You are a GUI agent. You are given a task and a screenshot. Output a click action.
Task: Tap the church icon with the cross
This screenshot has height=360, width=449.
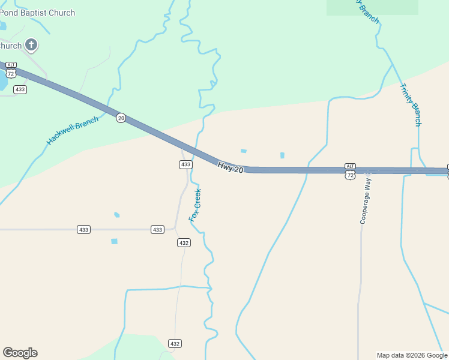point(31,45)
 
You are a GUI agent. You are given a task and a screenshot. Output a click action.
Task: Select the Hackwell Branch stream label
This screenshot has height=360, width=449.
point(73,130)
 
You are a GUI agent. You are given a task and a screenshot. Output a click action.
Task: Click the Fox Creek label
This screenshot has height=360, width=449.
point(195,205)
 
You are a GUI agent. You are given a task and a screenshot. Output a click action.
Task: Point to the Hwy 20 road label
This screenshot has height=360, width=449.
point(231,167)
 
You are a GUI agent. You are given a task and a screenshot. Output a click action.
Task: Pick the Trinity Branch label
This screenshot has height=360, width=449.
point(411,104)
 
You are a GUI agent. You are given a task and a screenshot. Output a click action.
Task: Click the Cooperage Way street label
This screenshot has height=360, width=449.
point(366,200)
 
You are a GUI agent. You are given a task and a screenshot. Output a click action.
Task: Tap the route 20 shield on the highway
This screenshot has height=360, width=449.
point(121,118)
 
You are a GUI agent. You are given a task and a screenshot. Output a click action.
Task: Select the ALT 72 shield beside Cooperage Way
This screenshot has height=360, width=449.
point(350,171)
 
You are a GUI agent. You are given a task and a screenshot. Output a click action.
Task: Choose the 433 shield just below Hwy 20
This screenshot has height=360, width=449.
point(185,164)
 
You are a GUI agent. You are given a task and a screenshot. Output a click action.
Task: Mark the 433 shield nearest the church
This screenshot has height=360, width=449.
point(20,89)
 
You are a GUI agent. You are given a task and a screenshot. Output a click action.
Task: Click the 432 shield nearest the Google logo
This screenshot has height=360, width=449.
point(175,344)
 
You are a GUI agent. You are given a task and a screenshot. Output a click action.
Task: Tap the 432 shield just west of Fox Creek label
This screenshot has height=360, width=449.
point(184,242)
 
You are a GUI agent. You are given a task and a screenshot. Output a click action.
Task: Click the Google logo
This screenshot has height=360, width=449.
point(20,353)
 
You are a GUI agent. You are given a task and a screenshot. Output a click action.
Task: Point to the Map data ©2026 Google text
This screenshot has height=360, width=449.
point(412,355)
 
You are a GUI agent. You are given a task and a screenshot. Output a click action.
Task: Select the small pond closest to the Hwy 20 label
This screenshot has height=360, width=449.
point(243,151)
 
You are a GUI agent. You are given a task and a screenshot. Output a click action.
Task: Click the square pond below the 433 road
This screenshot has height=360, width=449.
point(114,241)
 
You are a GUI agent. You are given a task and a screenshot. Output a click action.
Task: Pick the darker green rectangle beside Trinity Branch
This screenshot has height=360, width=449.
point(372,7)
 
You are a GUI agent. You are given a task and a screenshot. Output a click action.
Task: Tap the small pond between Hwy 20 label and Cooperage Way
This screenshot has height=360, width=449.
point(282,155)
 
